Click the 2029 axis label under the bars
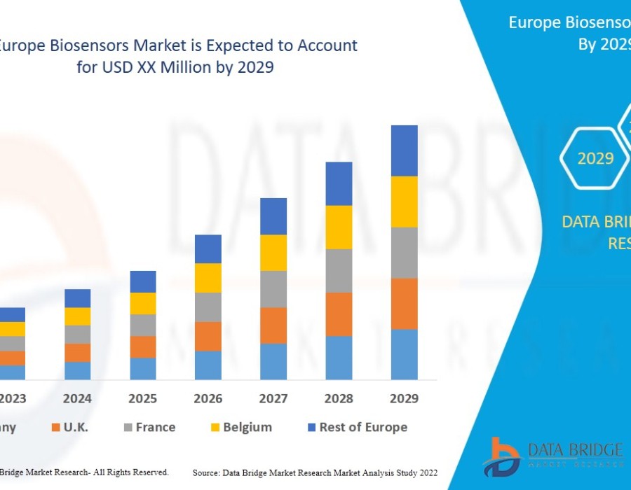404,398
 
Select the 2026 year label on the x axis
208,398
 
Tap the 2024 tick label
77,398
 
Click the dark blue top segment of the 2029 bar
404,150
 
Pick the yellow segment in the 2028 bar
339,227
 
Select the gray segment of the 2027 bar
273,289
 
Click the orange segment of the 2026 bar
208,336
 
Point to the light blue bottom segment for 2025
143,368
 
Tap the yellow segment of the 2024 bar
77,316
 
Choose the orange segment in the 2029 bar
404,303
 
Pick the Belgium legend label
247,427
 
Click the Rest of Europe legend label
363,427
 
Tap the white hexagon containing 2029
595,158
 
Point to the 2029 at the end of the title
255,69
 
